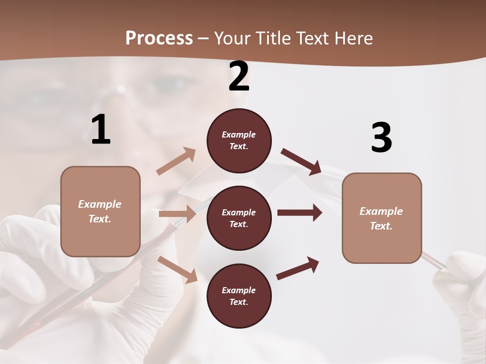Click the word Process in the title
tap(159, 38)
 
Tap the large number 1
tap(101, 130)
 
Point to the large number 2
tap(239, 77)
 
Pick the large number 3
tap(381, 139)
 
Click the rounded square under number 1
tap(100, 211)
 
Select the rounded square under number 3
tap(382, 218)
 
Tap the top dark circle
tap(239, 141)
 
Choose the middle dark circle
tap(239, 218)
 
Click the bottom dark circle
tap(239, 296)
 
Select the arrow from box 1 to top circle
tap(176, 161)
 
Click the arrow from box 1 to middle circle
tap(177, 214)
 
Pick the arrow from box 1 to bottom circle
tap(177, 269)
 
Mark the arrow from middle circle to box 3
tap(300, 213)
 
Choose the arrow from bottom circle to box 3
tap(298, 268)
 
